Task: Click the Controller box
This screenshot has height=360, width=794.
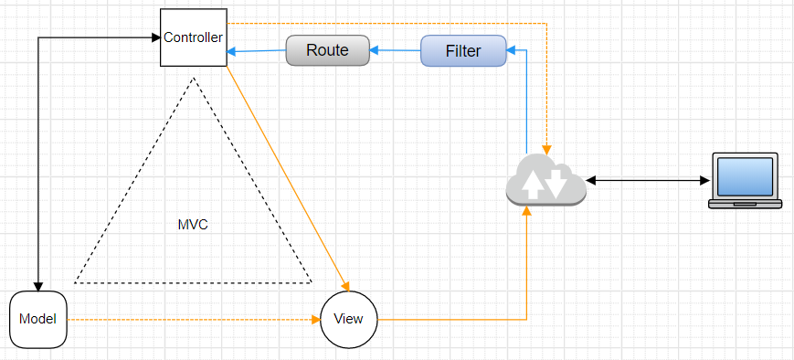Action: coord(194,37)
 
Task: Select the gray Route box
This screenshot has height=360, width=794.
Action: coord(328,50)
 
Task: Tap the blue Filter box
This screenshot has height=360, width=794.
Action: coord(463,50)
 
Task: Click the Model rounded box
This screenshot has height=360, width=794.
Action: coord(38,320)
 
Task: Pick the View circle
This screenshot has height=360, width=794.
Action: coord(349,320)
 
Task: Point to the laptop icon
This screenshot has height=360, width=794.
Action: coord(745,180)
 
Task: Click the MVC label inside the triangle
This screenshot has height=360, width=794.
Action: coord(193,225)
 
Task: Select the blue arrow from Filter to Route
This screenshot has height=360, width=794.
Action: coord(395,50)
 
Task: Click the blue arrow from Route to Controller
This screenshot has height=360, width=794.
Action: coord(256,50)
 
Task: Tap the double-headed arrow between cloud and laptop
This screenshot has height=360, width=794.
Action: coord(647,180)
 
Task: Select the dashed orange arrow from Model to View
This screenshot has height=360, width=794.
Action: coord(194,320)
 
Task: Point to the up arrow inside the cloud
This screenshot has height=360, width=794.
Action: coord(531,185)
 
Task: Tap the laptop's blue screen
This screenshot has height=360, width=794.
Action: coord(745,176)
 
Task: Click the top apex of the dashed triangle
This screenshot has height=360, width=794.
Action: coord(194,78)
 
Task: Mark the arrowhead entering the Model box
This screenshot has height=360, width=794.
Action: coord(38,287)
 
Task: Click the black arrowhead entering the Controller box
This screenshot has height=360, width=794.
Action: coord(156,37)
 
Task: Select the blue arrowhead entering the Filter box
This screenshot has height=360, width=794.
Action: coord(511,50)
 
